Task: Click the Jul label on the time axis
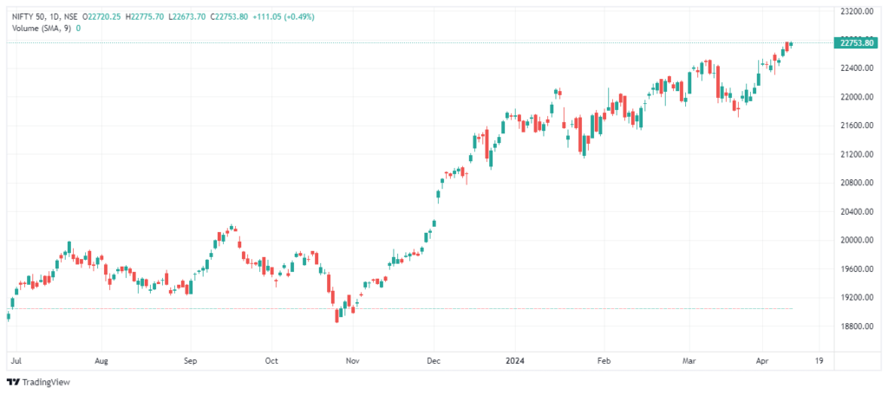(15, 358)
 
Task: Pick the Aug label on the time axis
(101, 358)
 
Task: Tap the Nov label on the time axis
(351, 358)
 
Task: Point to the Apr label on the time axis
(762, 358)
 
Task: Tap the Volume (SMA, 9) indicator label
(41, 28)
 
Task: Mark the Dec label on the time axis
(434, 358)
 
